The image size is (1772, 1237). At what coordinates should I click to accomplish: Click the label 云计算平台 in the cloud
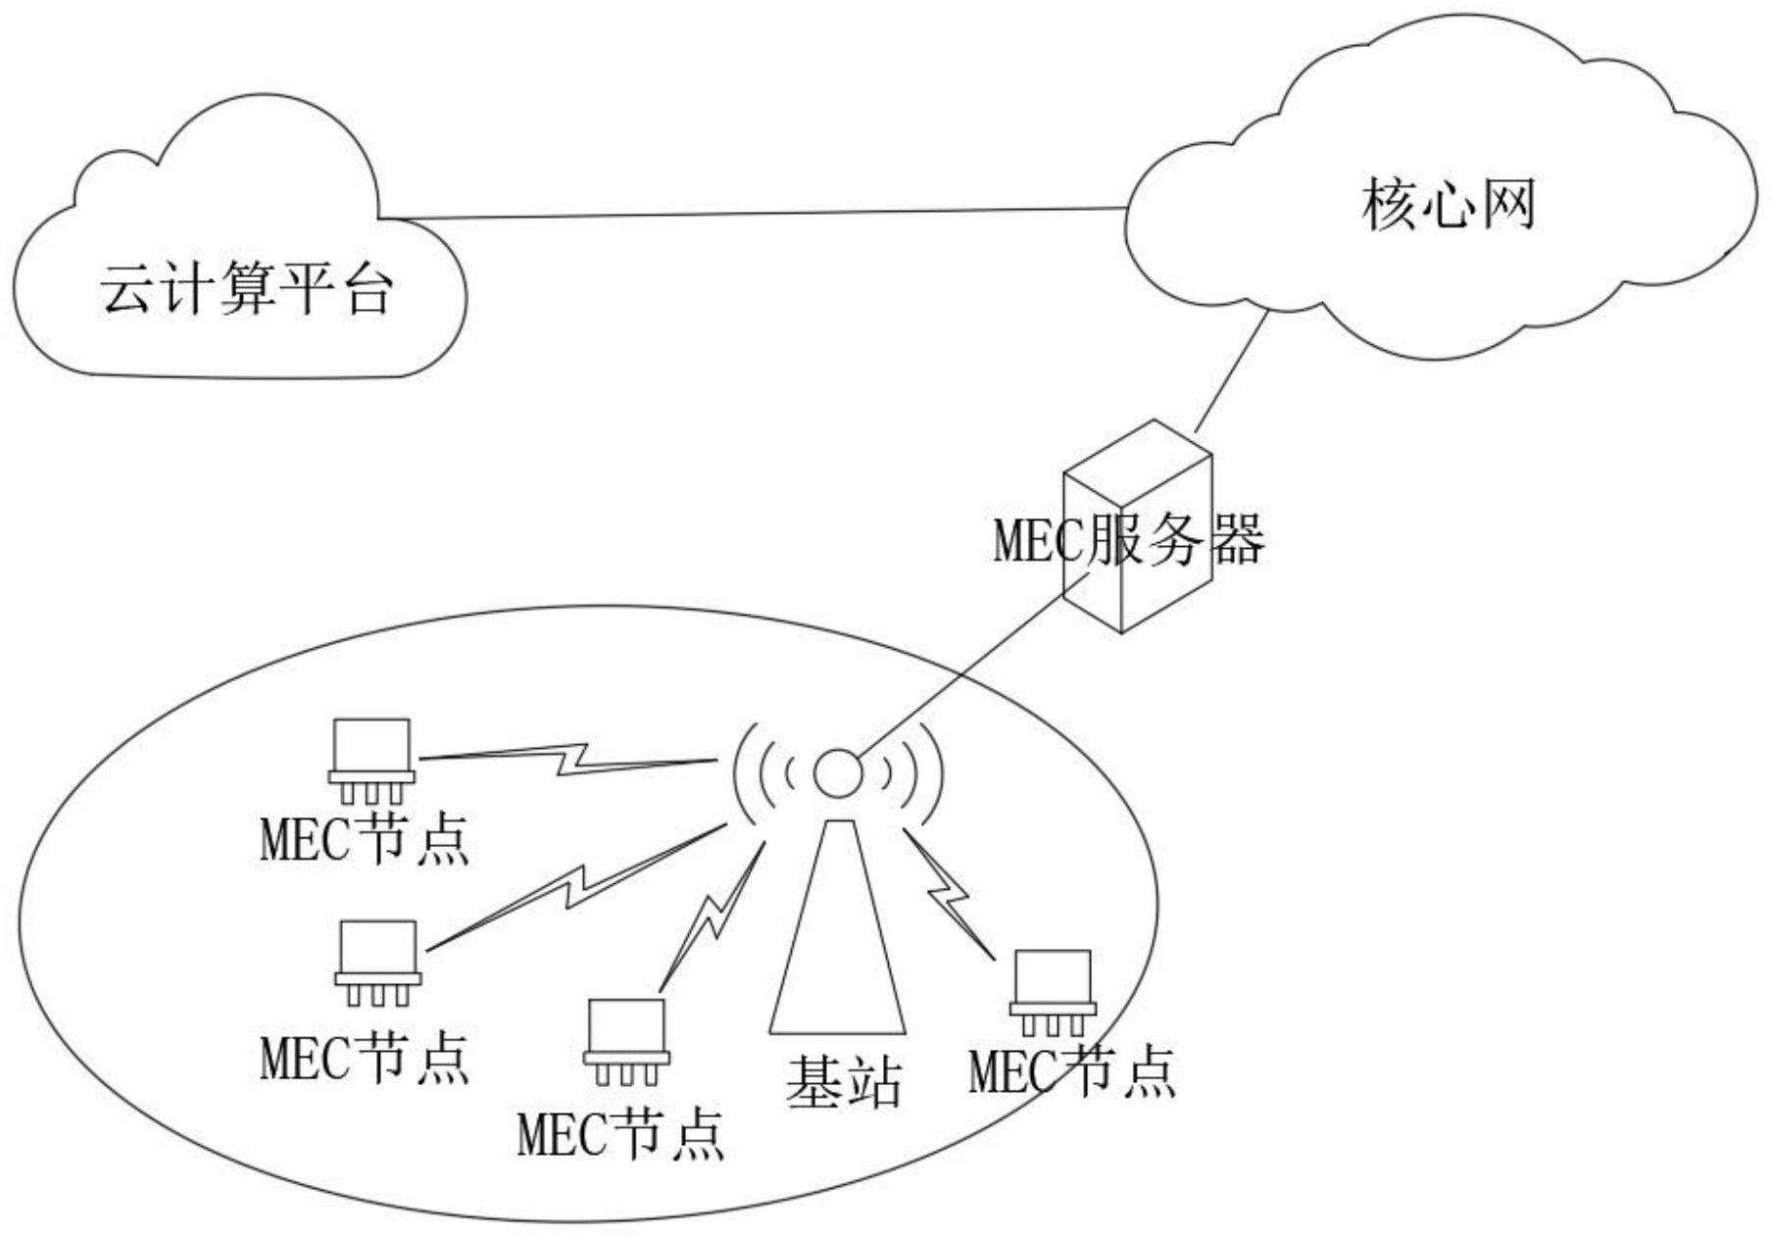pos(247,289)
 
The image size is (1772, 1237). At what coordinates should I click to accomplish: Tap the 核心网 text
pos(1448,205)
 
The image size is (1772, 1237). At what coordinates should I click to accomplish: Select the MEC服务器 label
pos(1129,539)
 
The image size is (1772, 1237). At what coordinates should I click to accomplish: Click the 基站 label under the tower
pos(843,1082)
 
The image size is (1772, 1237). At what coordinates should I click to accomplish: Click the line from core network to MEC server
pos(1230,371)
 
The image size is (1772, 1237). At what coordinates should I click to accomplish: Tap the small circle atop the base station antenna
pos(838,773)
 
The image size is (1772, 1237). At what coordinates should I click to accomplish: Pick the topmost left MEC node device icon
pos(371,761)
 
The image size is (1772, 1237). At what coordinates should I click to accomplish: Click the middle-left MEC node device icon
pos(377,962)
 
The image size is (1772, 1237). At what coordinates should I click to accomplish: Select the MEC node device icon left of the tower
pos(626,1041)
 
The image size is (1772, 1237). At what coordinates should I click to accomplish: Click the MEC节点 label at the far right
pos(1072,1071)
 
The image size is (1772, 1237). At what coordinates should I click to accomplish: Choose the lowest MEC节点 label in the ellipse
pos(620,1134)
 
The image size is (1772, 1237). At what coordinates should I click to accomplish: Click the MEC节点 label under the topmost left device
pos(365,839)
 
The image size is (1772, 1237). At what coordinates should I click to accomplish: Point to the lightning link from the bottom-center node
pos(713,912)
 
